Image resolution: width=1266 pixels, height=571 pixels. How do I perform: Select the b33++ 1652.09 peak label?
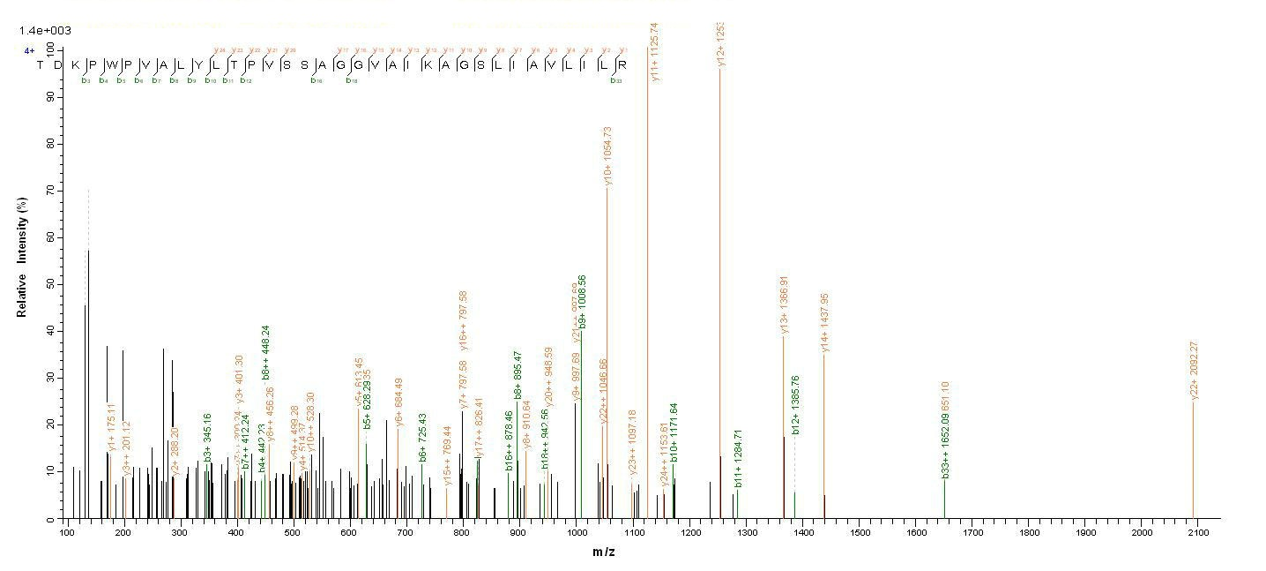[944, 447]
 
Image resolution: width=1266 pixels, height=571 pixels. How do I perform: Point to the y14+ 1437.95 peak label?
[825, 323]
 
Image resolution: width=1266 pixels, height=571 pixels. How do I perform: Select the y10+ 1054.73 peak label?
[607, 156]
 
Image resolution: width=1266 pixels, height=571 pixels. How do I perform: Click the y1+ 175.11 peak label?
[111, 426]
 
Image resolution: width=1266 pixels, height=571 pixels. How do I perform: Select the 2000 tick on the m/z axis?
[1142, 533]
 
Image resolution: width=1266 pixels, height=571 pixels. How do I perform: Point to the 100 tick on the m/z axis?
[67, 533]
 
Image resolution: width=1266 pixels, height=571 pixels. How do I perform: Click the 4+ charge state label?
[29, 51]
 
